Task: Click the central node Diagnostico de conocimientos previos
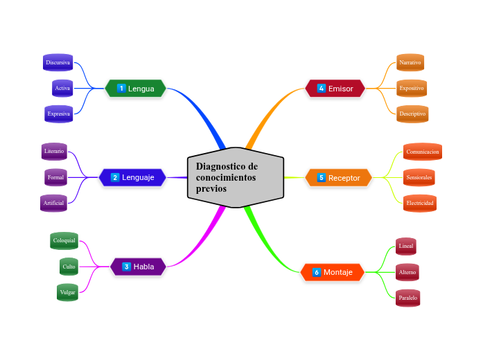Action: (x=236, y=177)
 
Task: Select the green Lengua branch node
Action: (x=136, y=89)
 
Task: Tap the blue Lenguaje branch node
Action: (x=132, y=177)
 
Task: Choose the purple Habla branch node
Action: (x=138, y=267)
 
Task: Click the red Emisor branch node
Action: (x=335, y=89)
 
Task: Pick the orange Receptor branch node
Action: (x=338, y=178)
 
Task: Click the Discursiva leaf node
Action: (x=58, y=62)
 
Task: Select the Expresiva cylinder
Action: (x=59, y=114)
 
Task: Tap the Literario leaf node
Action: (x=54, y=151)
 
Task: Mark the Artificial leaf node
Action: (x=53, y=203)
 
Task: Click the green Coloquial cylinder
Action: (x=64, y=240)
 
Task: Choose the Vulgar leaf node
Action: (x=67, y=292)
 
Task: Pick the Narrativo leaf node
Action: (x=410, y=62)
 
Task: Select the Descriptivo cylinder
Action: (x=412, y=114)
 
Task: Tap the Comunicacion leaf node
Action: (x=422, y=152)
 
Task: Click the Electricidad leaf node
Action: (x=420, y=203)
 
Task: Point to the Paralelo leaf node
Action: (x=408, y=298)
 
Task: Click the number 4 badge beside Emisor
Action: (x=322, y=89)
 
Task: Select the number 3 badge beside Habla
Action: (x=127, y=267)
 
